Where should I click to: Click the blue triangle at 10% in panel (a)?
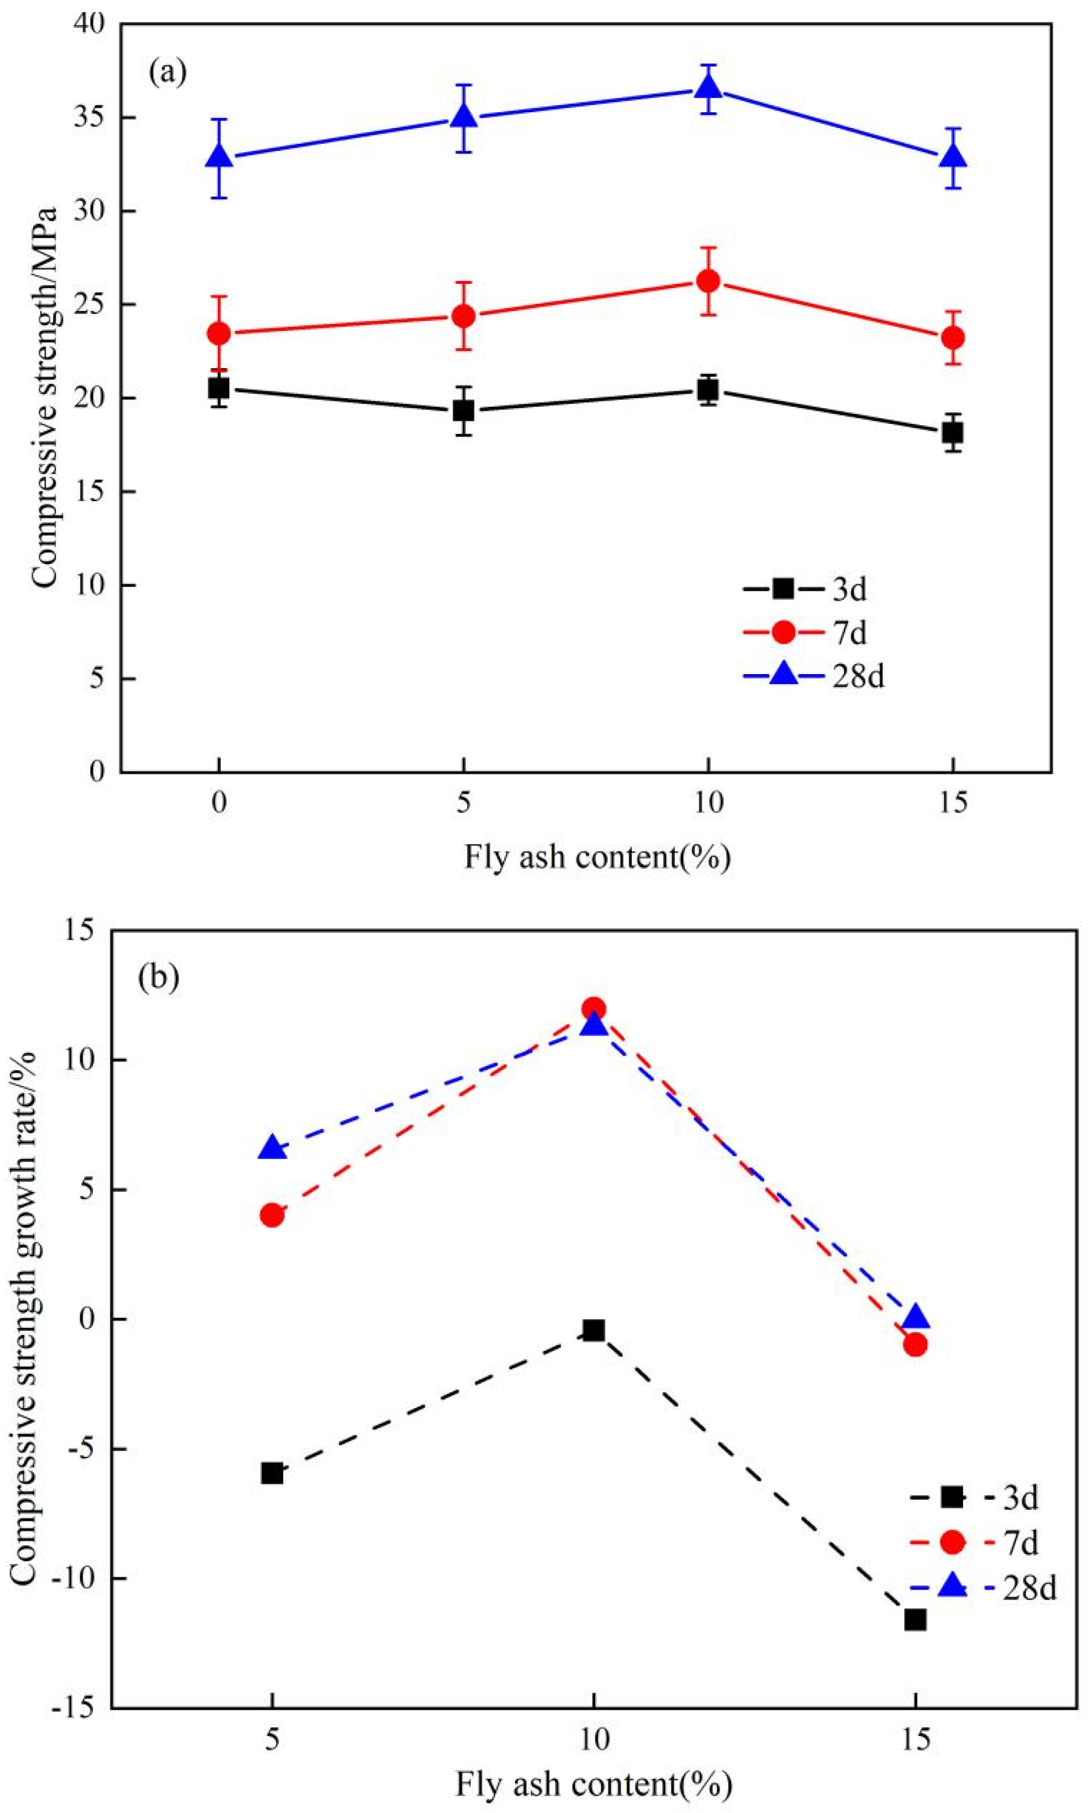pos(708,88)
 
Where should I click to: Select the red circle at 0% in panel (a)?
pos(219,333)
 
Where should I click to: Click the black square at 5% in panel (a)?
pos(463,410)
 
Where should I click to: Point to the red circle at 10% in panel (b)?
pos(594,1008)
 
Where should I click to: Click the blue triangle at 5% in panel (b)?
pos(272,1148)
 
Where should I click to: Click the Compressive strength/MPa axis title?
pos(44,397)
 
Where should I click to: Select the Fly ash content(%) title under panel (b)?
pos(594,1779)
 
